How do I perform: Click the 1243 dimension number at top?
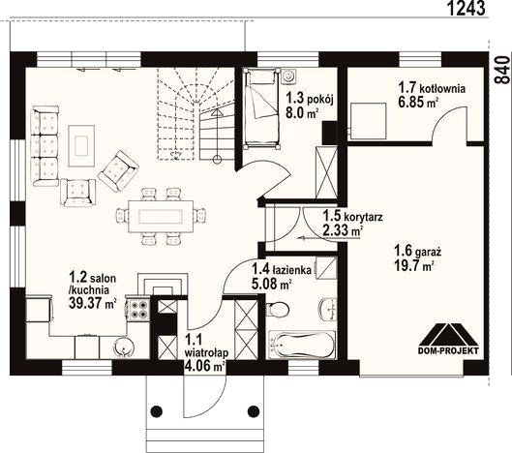click(x=466, y=8)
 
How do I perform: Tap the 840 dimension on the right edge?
click(x=502, y=70)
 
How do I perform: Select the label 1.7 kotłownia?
click(x=432, y=88)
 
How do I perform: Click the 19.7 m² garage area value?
click(x=414, y=265)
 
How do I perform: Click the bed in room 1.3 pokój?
click(x=262, y=108)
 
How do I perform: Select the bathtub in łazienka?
click(x=301, y=346)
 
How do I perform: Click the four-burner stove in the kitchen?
click(x=138, y=310)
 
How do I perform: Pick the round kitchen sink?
click(x=124, y=347)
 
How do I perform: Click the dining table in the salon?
click(x=161, y=216)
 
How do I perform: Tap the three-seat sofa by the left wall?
click(x=45, y=146)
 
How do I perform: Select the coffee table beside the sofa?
click(x=81, y=146)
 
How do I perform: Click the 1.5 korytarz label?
click(x=352, y=217)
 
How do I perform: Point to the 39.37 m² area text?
click(x=93, y=303)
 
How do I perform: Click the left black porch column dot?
click(x=157, y=410)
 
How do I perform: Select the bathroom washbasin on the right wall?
click(x=328, y=309)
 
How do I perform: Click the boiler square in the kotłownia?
click(x=368, y=119)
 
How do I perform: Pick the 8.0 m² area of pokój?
click(x=302, y=113)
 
